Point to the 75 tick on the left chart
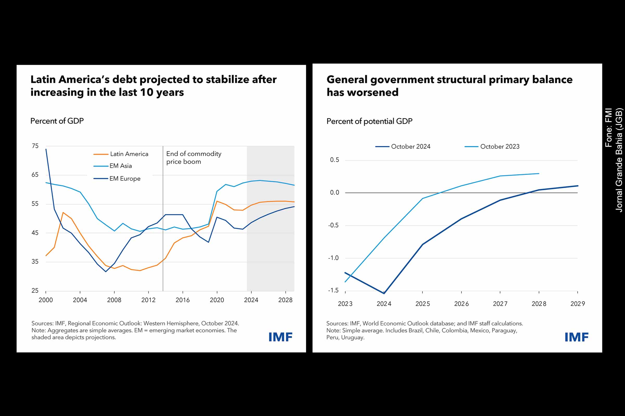(x=35, y=146)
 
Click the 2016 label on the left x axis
(x=183, y=300)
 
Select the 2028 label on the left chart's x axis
(x=285, y=300)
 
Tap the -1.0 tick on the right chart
(x=334, y=258)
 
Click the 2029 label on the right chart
(x=577, y=304)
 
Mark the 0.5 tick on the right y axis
(x=335, y=160)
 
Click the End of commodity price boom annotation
(x=193, y=158)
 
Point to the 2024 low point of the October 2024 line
(x=384, y=293)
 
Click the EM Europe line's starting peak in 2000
(x=46, y=149)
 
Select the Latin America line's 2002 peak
(x=63, y=212)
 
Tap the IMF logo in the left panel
(x=280, y=337)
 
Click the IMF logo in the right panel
(x=576, y=337)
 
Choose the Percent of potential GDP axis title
(x=369, y=121)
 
